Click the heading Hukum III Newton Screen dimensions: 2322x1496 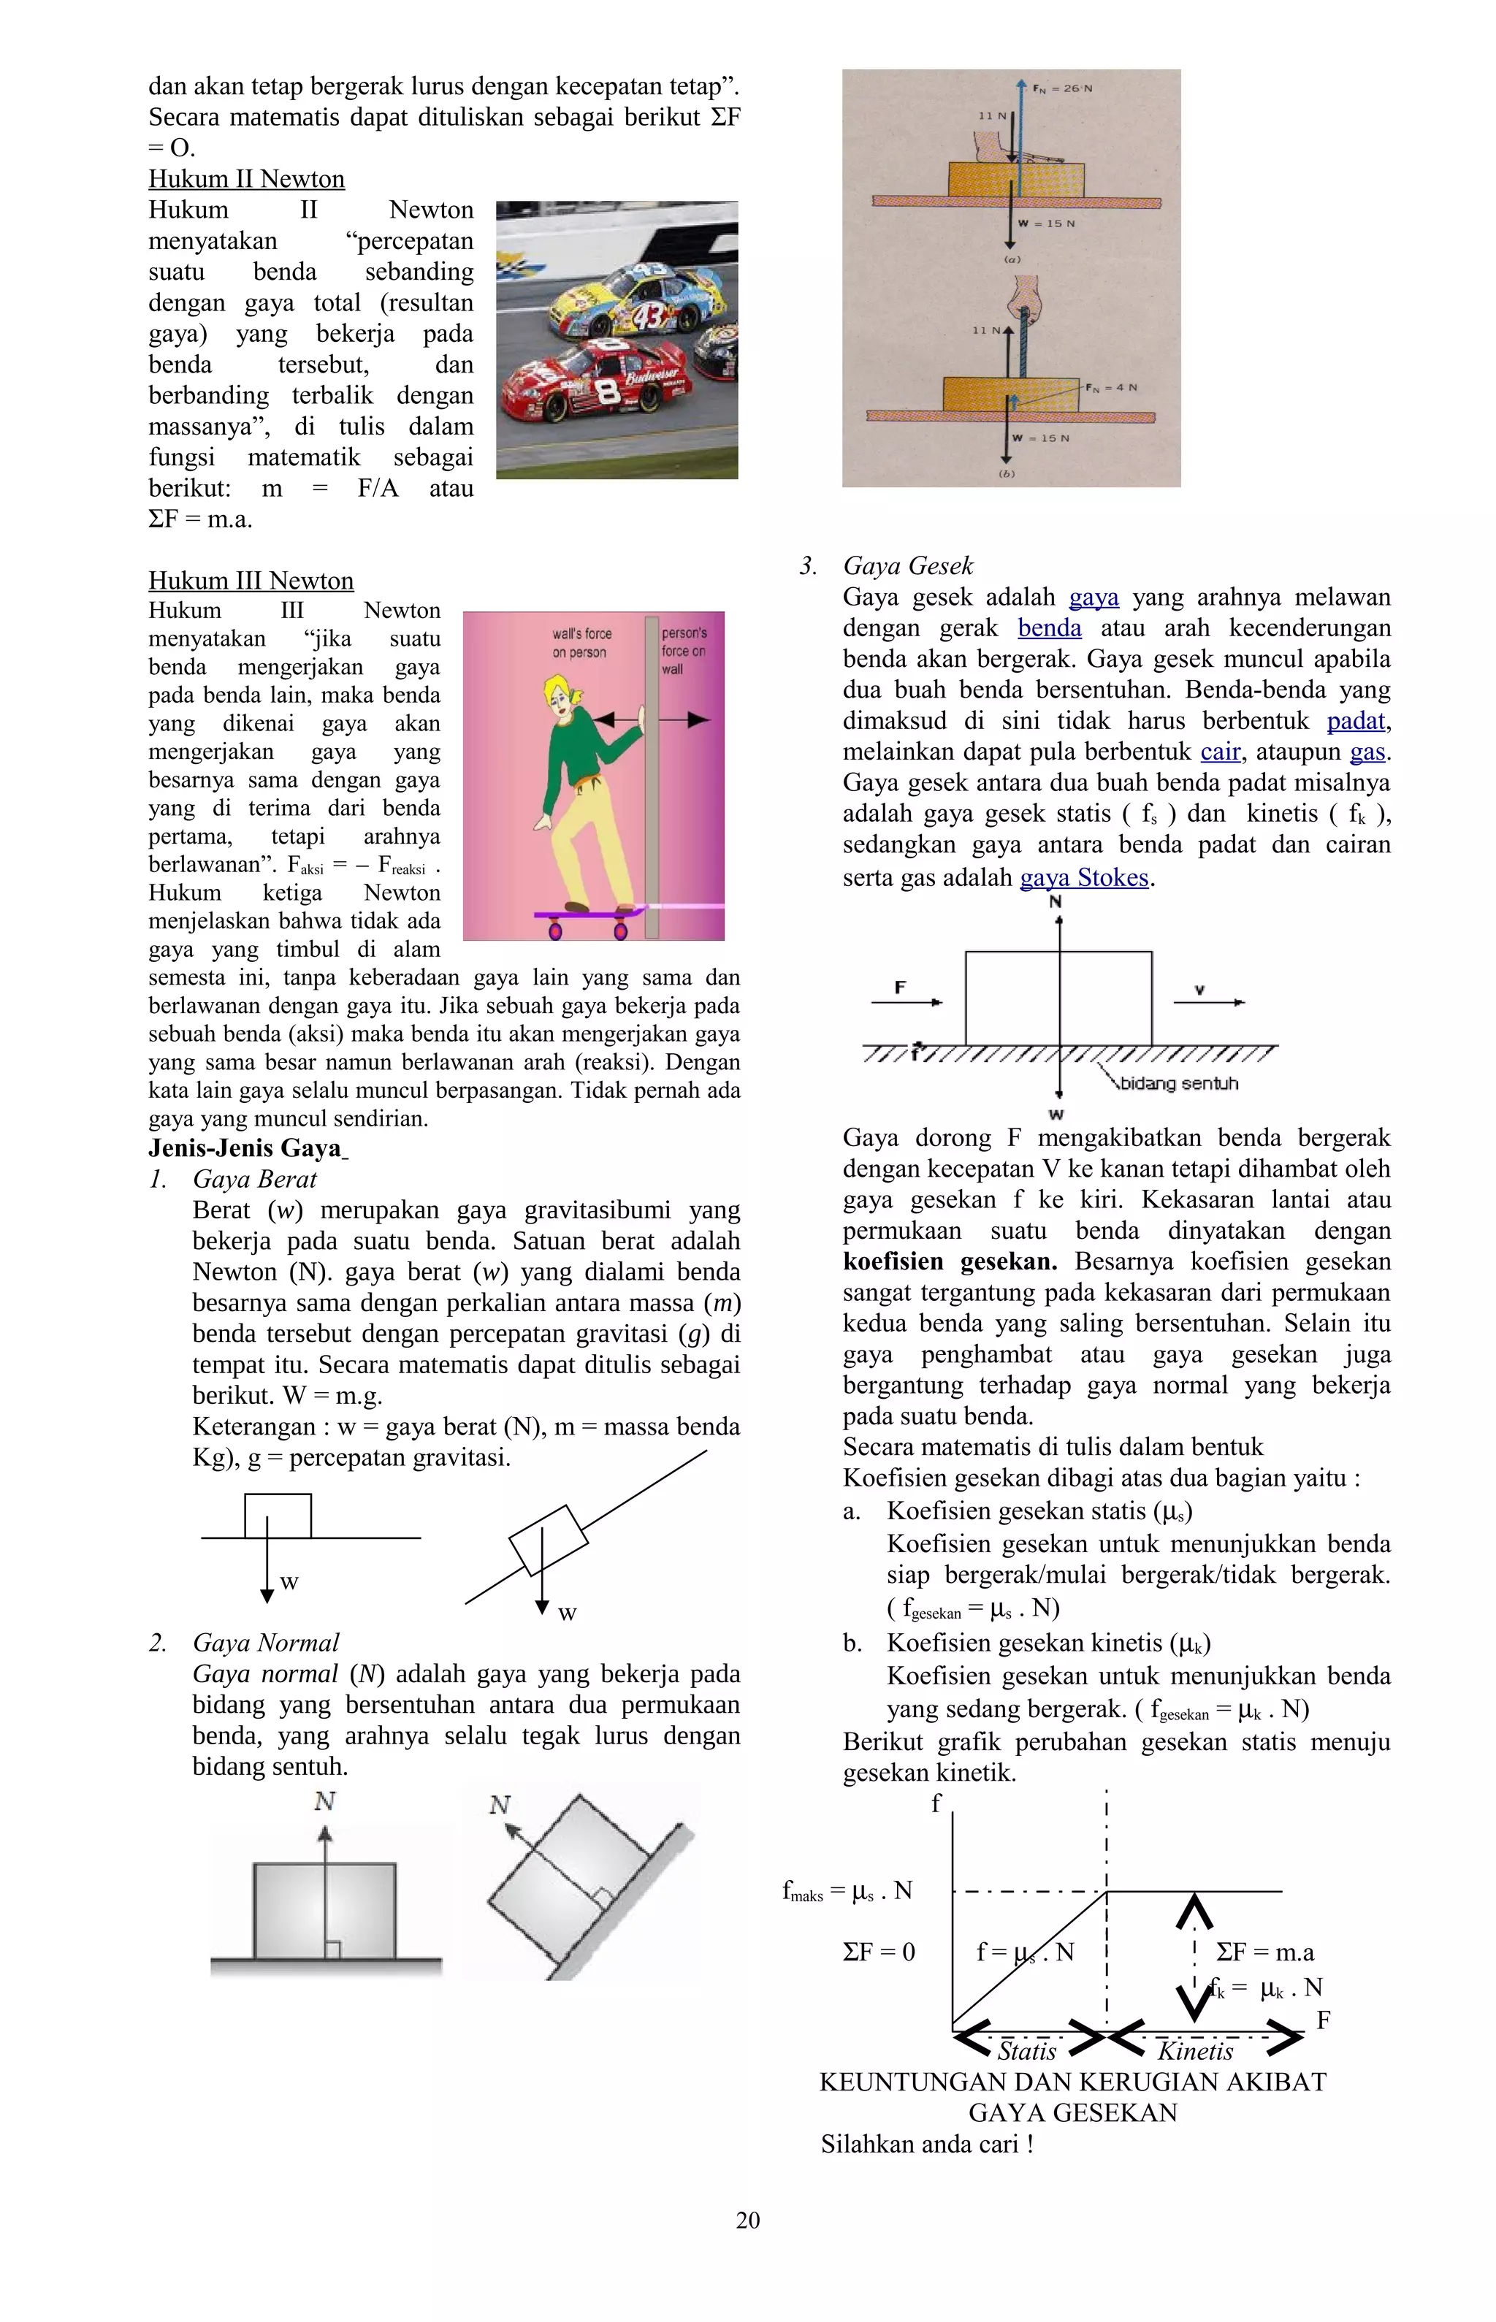(x=251, y=581)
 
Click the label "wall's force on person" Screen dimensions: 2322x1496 (x=581, y=643)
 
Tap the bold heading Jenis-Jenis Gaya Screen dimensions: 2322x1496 (x=245, y=1148)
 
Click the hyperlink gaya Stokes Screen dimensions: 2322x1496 (x=1084, y=878)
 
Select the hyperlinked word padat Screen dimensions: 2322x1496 (x=1356, y=721)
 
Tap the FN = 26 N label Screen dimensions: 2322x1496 (x=1063, y=88)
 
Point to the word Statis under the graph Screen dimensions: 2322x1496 (x=1027, y=2051)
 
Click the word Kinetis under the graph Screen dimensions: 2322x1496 (x=1195, y=2051)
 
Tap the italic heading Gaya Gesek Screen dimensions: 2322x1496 (x=907, y=566)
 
